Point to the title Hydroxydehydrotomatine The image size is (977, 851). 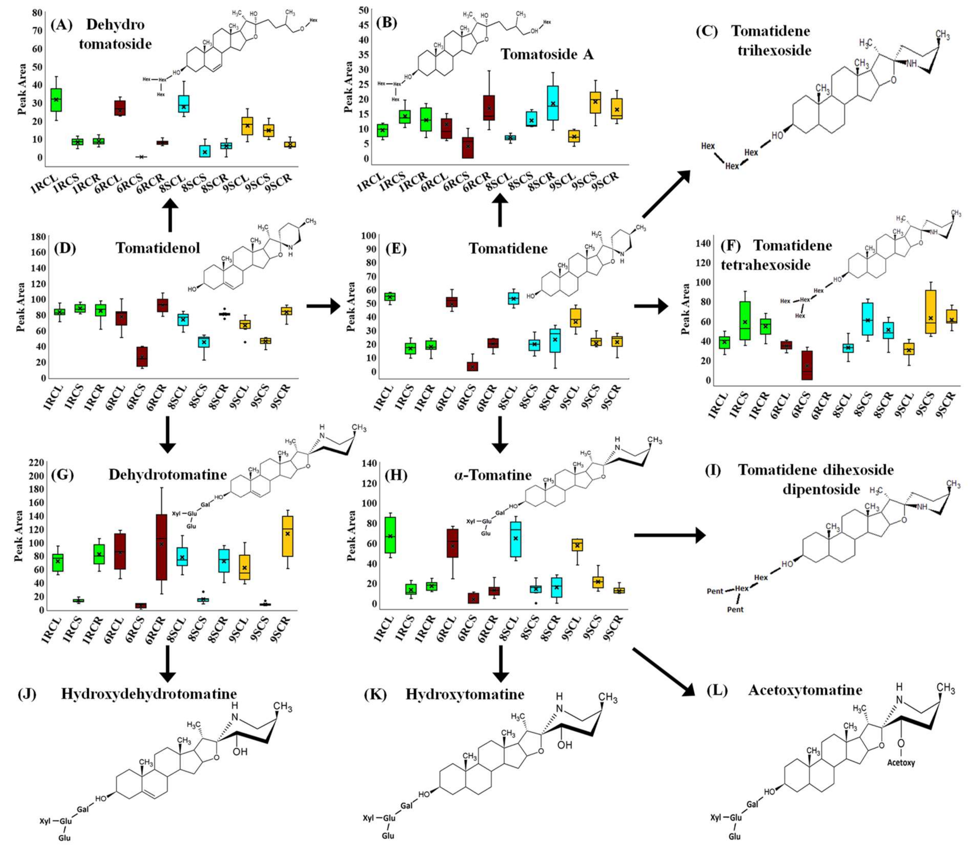click(149, 694)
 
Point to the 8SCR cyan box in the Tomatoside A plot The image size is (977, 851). click(552, 103)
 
